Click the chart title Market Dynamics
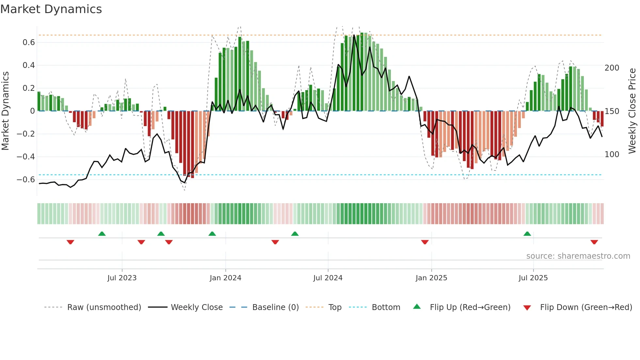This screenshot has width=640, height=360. pyautogui.click(x=51, y=9)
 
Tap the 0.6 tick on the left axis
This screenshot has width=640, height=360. pyautogui.click(x=29, y=42)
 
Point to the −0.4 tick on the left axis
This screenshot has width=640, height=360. pyautogui.click(x=26, y=157)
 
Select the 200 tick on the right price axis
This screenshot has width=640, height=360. pyautogui.click(x=612, y=68)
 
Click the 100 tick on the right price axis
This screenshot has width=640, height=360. pyautogui.click(x=612, y=155)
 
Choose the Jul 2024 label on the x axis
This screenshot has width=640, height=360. pyautogui.click(x=328, y=278)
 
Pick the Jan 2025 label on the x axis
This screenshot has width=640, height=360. pyautogui.click(x=431, y=278)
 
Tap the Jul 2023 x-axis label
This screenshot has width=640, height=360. pyautogui.click(x=122, y=278)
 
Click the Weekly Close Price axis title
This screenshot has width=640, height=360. pyautogui.click(x=632, y=111)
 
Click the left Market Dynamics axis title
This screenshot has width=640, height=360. pyautogui.click(x=5, y=111)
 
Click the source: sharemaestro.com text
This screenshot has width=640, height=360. pyautogui.click(x=578, y=256)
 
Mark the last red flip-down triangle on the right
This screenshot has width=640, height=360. pyautogui.click(x=594, y=242)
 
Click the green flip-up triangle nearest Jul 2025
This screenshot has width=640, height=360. pyautogui.click(x=527, y=234)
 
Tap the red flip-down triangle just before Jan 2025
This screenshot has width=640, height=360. pyautogui.click(x=424, y=242)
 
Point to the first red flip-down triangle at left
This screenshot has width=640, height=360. pyautogui.click(x=70, y=242)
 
